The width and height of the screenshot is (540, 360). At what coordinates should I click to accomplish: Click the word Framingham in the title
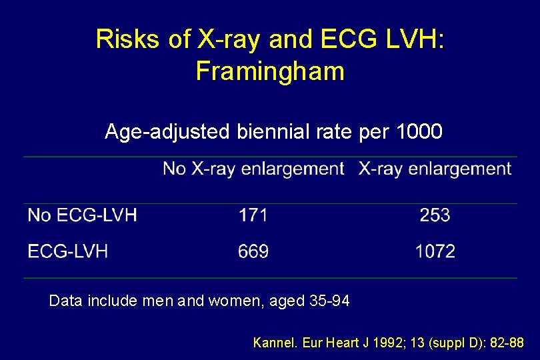270,71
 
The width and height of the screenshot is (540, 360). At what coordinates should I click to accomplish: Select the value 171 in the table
253,215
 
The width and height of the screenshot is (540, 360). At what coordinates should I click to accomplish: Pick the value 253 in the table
435,215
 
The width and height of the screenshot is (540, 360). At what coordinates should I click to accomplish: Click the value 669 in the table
253,251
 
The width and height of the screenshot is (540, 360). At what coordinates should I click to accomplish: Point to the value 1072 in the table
435,251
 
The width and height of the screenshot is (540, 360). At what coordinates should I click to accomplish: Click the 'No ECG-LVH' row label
82,215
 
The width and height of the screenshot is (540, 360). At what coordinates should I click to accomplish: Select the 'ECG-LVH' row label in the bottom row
67,251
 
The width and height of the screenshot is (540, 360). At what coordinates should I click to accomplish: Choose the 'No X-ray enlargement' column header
253,169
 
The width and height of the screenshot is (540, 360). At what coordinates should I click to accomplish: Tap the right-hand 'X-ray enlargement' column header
435,169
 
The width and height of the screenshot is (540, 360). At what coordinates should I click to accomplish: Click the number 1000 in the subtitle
419,132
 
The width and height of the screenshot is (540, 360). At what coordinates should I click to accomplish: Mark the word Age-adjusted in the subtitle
167,132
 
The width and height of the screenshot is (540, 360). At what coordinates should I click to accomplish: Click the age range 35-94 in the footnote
329,301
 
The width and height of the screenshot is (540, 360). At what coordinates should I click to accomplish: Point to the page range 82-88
507,343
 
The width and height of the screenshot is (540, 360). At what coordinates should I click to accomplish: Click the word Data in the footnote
65,301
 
